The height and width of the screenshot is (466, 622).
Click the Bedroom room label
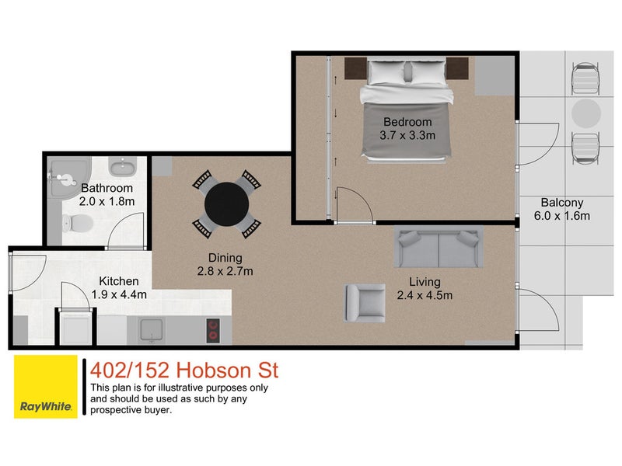(407, 122)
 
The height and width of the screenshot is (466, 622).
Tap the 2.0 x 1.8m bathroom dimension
(107, 201)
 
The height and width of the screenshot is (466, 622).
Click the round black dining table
(226, 203)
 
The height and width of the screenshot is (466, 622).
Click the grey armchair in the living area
(365, 302)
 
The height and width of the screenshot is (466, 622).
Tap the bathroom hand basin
(121, 167)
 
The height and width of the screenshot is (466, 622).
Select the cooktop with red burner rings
(213, 331)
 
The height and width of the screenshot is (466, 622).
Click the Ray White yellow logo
(46, 386)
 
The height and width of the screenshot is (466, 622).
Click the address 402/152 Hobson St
(183, 370)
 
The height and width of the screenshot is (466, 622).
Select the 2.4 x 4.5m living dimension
(425, 294)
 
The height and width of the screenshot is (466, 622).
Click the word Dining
(225, 258)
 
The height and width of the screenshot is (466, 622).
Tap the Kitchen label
(119, 281)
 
